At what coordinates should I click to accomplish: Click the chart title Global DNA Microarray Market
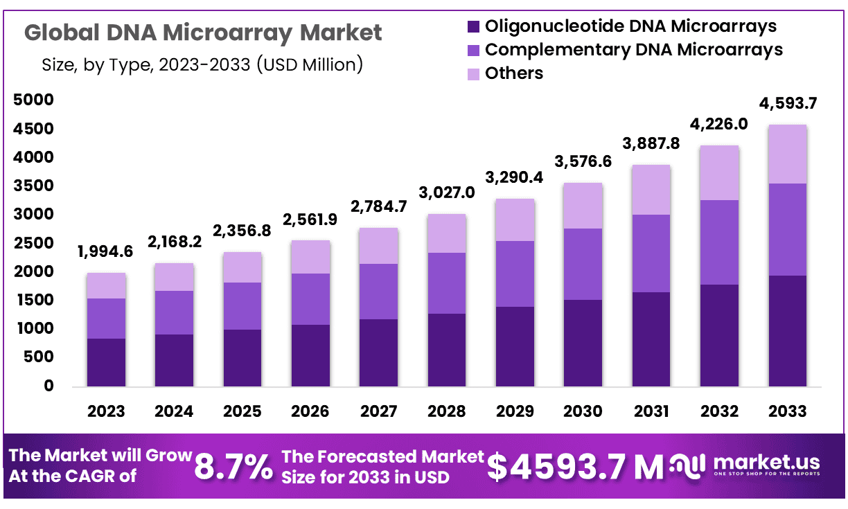(203, 33)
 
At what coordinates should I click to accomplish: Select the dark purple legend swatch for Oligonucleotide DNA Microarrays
(474, 27)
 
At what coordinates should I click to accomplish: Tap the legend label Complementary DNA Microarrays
(633, 50)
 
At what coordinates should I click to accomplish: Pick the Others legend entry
(514, 73)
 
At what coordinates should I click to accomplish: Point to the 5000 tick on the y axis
(33, 100)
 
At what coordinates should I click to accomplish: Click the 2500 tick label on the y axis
(33, 244)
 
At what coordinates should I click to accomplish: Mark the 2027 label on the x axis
(378, 411)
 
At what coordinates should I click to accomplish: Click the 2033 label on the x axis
(787, 411)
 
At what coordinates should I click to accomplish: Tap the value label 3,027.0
(446, 192)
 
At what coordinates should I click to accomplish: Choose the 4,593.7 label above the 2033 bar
(788, 104)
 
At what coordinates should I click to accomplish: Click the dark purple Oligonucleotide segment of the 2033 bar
(787, 331)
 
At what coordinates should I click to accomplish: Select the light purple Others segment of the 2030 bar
(583, 206)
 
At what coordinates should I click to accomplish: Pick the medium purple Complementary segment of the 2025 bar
(242, 306)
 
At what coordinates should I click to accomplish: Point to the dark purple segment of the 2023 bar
(106, 362)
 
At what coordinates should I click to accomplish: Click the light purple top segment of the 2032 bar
(719, 173)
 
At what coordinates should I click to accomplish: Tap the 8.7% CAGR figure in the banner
(233, 467)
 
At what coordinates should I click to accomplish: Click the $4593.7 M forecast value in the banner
(575, 467)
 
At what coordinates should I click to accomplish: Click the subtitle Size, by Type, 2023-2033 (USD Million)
(202, 65)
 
